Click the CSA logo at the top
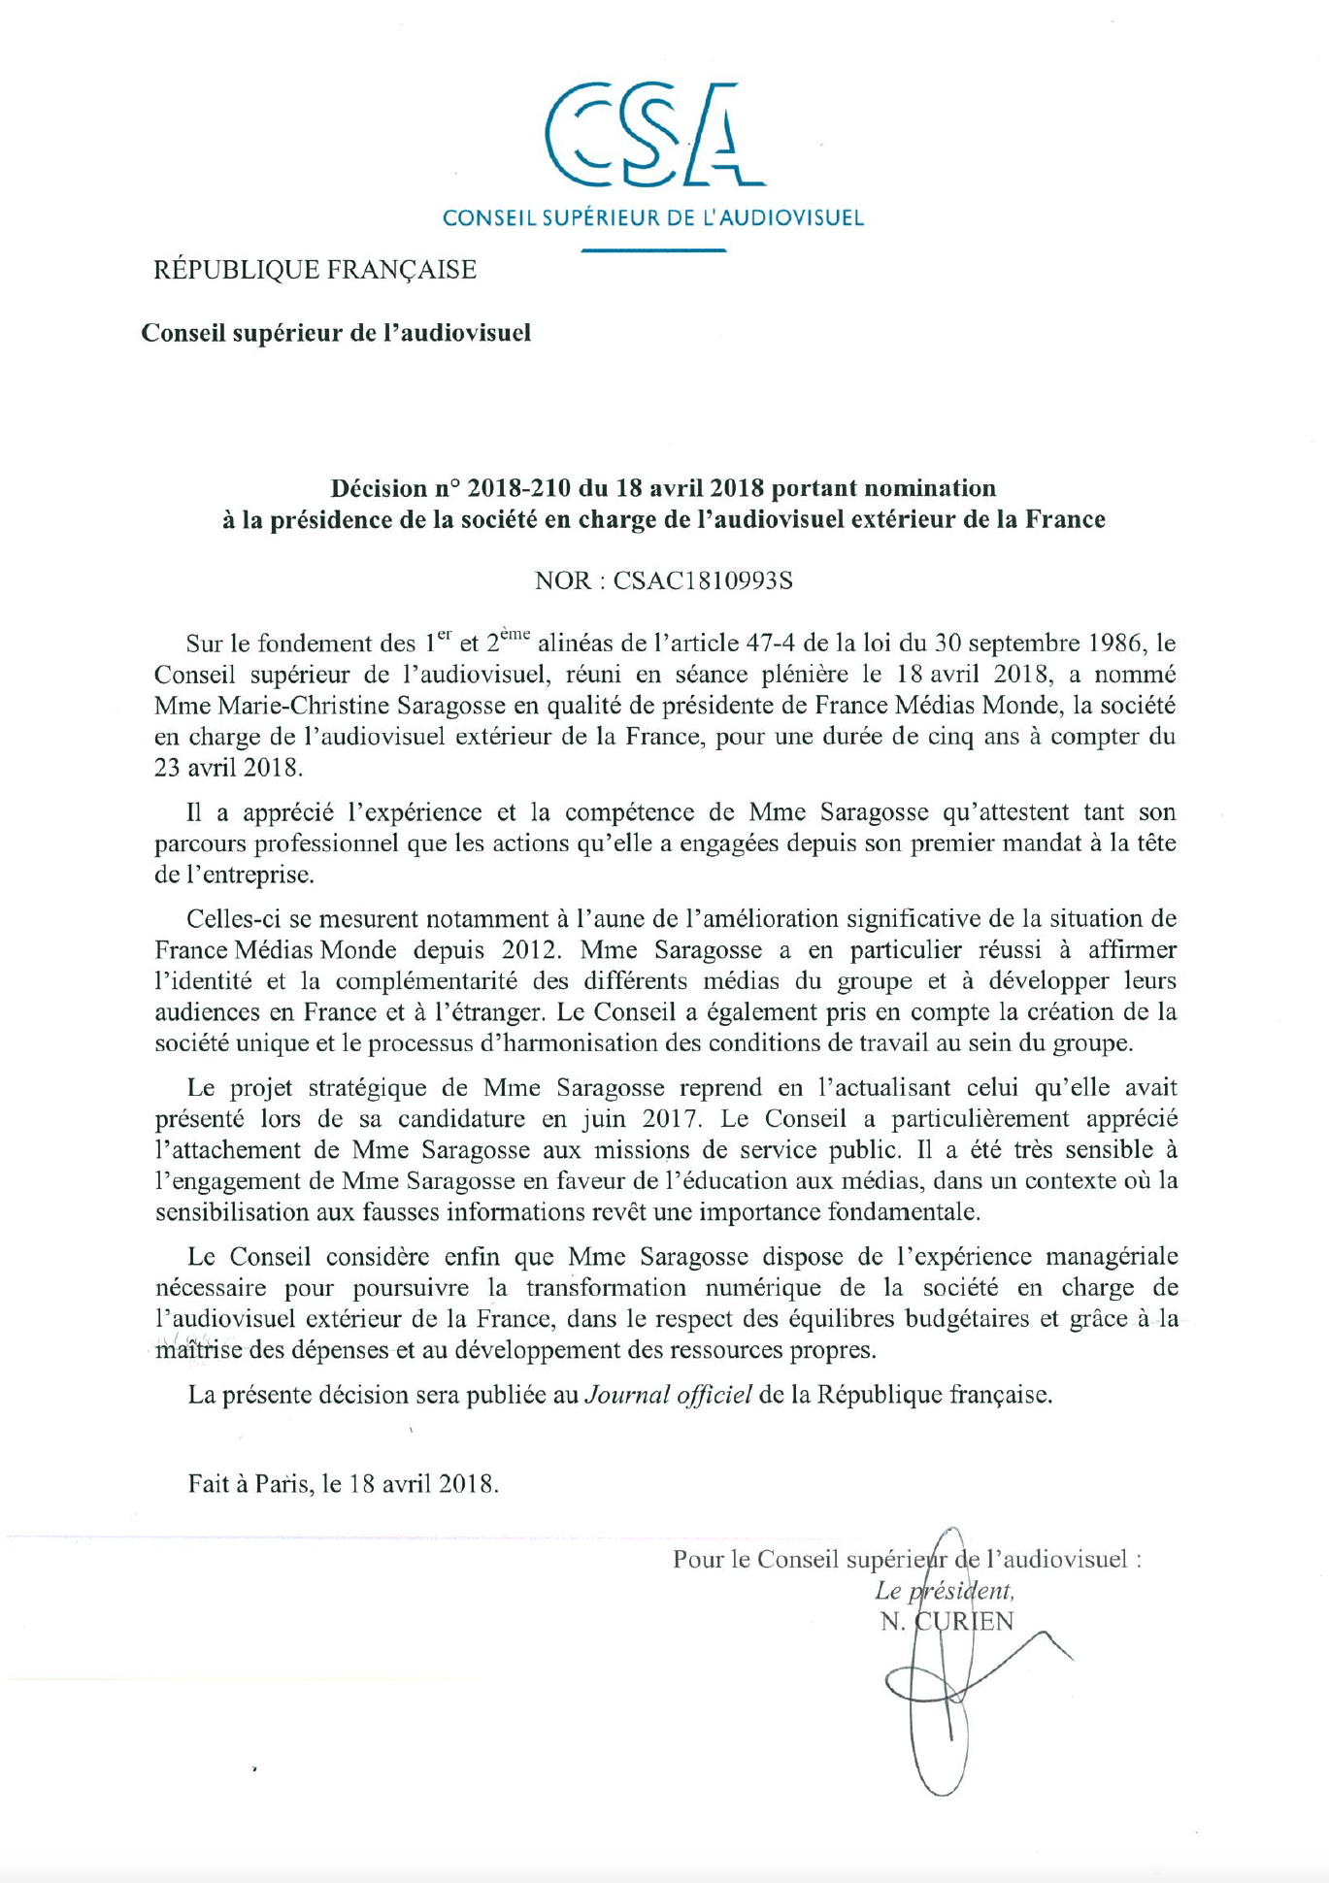click(652, 136)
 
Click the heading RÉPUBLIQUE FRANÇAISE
click(315, 269)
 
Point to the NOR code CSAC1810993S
click(703, 580)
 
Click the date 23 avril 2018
click(228, 767)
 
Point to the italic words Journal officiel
click(668, 1395)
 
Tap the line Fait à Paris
click(344, 1483)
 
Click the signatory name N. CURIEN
click(947, 1621)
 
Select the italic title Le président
click(944, 1590)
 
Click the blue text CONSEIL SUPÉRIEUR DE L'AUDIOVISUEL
click(652, 217)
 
